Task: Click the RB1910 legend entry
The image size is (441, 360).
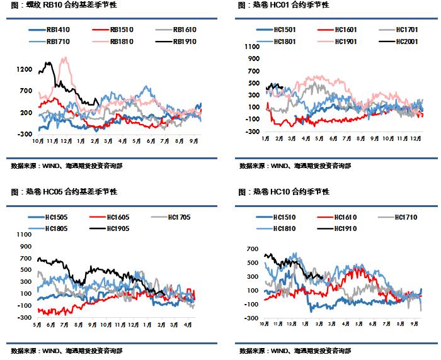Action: click(176, 42)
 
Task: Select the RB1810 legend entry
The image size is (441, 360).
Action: click(113, 42)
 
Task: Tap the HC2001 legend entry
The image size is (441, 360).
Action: click(398, 42)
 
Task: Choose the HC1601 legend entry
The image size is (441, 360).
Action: click(337, 30)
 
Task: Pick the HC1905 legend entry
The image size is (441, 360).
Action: click(110, 228)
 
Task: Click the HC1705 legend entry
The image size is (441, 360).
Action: click(171, 217)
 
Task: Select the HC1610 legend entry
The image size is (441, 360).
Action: click(337, 217)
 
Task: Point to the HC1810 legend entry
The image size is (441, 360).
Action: click(276, 228)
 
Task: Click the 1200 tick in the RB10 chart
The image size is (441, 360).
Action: click(25, 69)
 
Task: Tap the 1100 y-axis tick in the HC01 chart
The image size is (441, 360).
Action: click(252, 47)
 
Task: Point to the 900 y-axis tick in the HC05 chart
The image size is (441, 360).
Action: click(25, 247)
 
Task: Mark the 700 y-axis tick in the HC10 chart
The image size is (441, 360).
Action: click(252, 249)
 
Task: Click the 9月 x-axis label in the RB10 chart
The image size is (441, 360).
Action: click(194, 141)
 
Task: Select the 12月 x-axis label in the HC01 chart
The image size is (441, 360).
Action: click(415, 139)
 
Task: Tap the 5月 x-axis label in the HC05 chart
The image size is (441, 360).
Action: click(37, 325)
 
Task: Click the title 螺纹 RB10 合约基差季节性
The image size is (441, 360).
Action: click(64, 5)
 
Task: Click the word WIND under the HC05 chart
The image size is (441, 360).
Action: click(50, 351)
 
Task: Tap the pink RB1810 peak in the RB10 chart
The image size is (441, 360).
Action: click(66, 57)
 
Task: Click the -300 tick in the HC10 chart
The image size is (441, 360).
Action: click(252, 318)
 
